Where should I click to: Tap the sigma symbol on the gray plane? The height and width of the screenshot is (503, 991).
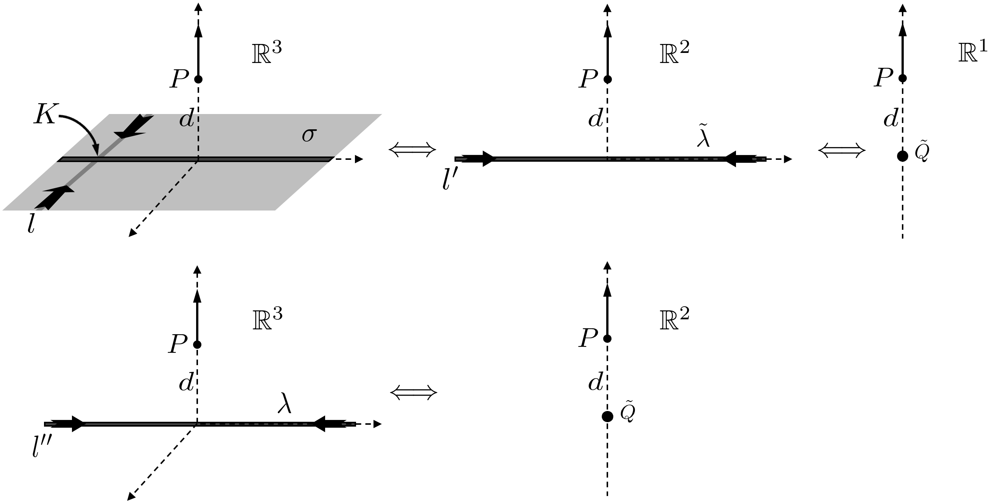point(309,135)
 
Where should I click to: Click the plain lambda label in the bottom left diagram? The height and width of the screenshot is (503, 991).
point(284,403)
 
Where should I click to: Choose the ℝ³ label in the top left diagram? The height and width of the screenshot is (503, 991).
point(267,53)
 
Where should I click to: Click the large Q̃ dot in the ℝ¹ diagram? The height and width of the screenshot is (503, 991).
point(902,156)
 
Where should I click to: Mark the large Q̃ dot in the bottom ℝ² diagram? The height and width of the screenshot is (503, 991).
point(607,417)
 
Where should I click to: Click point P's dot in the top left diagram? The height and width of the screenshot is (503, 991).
point(198,80)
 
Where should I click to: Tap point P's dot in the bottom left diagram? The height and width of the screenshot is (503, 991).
point(197,345)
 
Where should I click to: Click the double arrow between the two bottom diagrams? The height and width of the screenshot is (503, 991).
point(413,393)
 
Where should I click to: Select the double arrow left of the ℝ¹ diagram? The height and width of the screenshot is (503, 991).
point(842,150)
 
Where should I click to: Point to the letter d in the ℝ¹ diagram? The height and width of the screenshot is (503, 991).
point(891,119)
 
